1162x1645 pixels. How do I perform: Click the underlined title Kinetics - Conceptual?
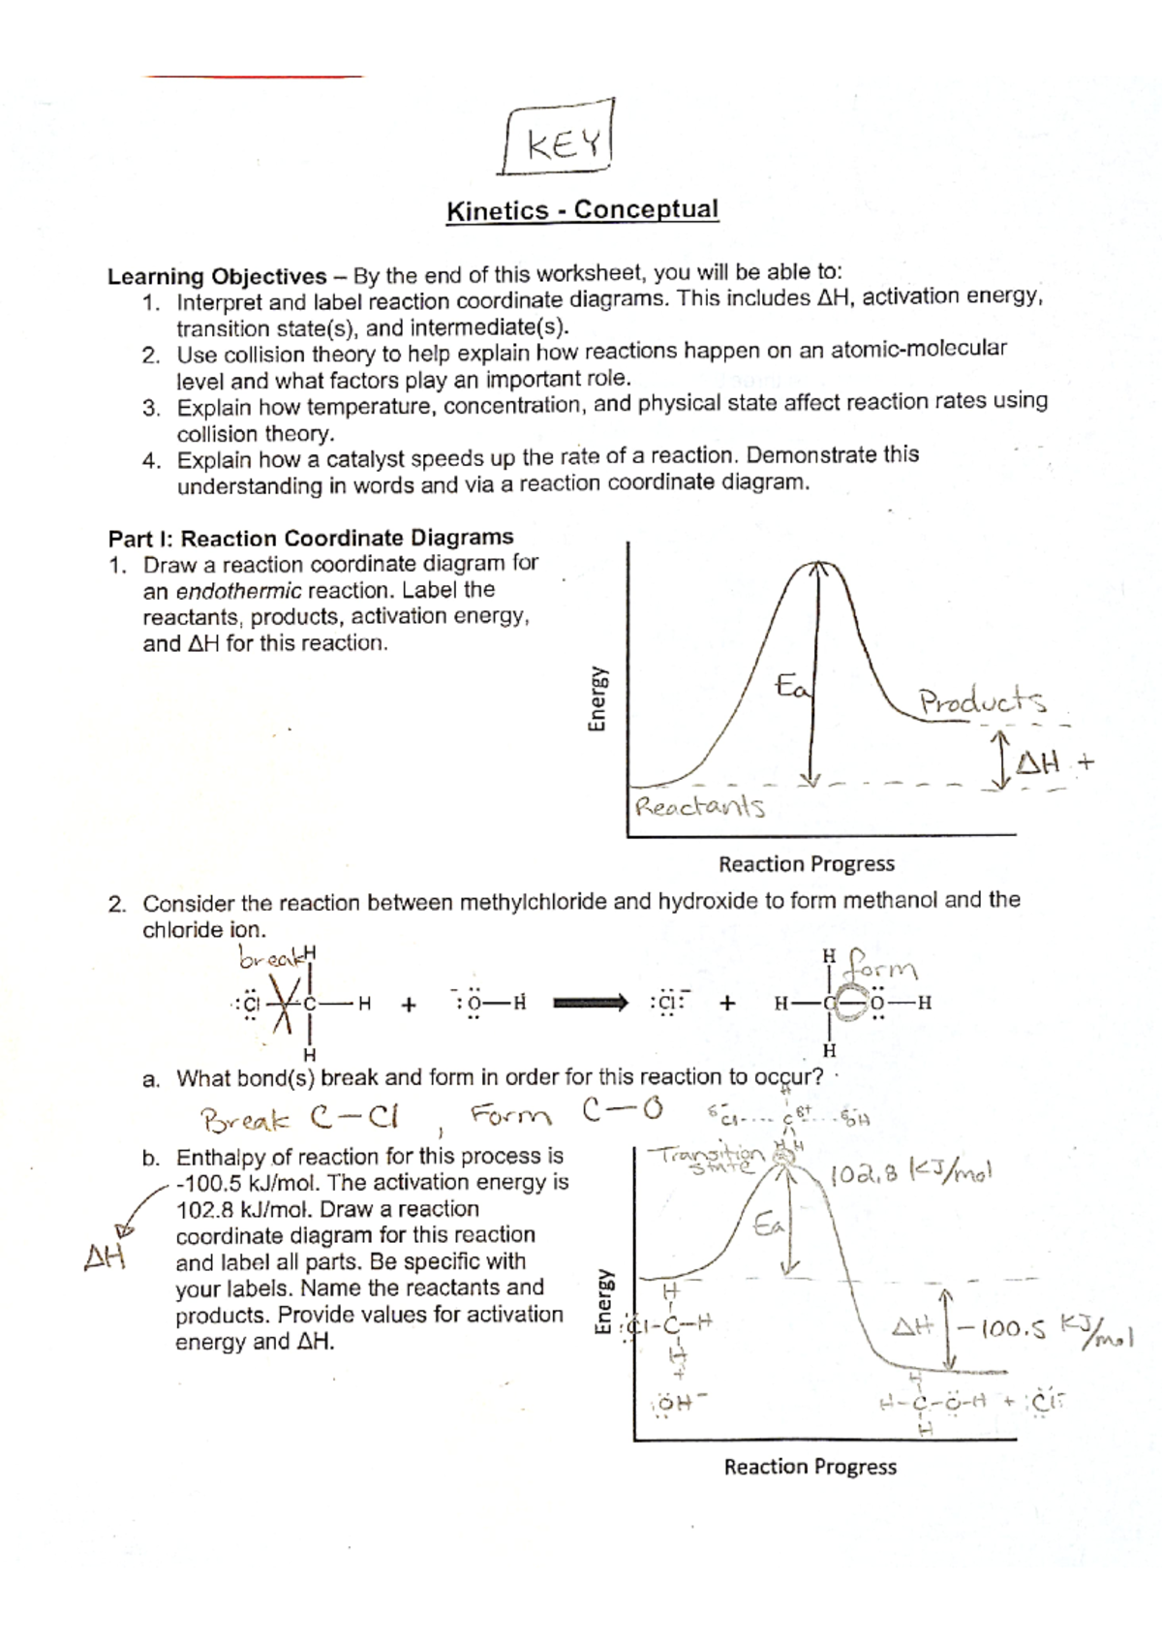[581, 210]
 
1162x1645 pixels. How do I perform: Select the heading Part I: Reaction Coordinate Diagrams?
[311, 538]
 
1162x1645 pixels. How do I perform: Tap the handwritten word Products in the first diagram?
[982, 701]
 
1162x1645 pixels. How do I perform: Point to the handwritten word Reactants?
[698, 806]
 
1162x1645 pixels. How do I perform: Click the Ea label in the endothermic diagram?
[794, 687]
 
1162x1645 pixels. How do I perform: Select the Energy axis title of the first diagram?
[597, 698]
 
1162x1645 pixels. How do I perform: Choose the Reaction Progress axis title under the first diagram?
[806, 864]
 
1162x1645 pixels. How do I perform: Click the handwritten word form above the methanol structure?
[881, 966]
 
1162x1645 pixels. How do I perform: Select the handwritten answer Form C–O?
[566, 1114]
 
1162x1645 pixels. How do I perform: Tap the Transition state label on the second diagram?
[710, 1158]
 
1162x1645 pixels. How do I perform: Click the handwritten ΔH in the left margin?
[106, 1257]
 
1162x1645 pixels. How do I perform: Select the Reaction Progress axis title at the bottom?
[810, 1467]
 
